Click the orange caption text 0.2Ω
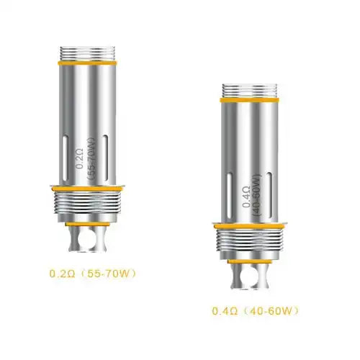[59, 274]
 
